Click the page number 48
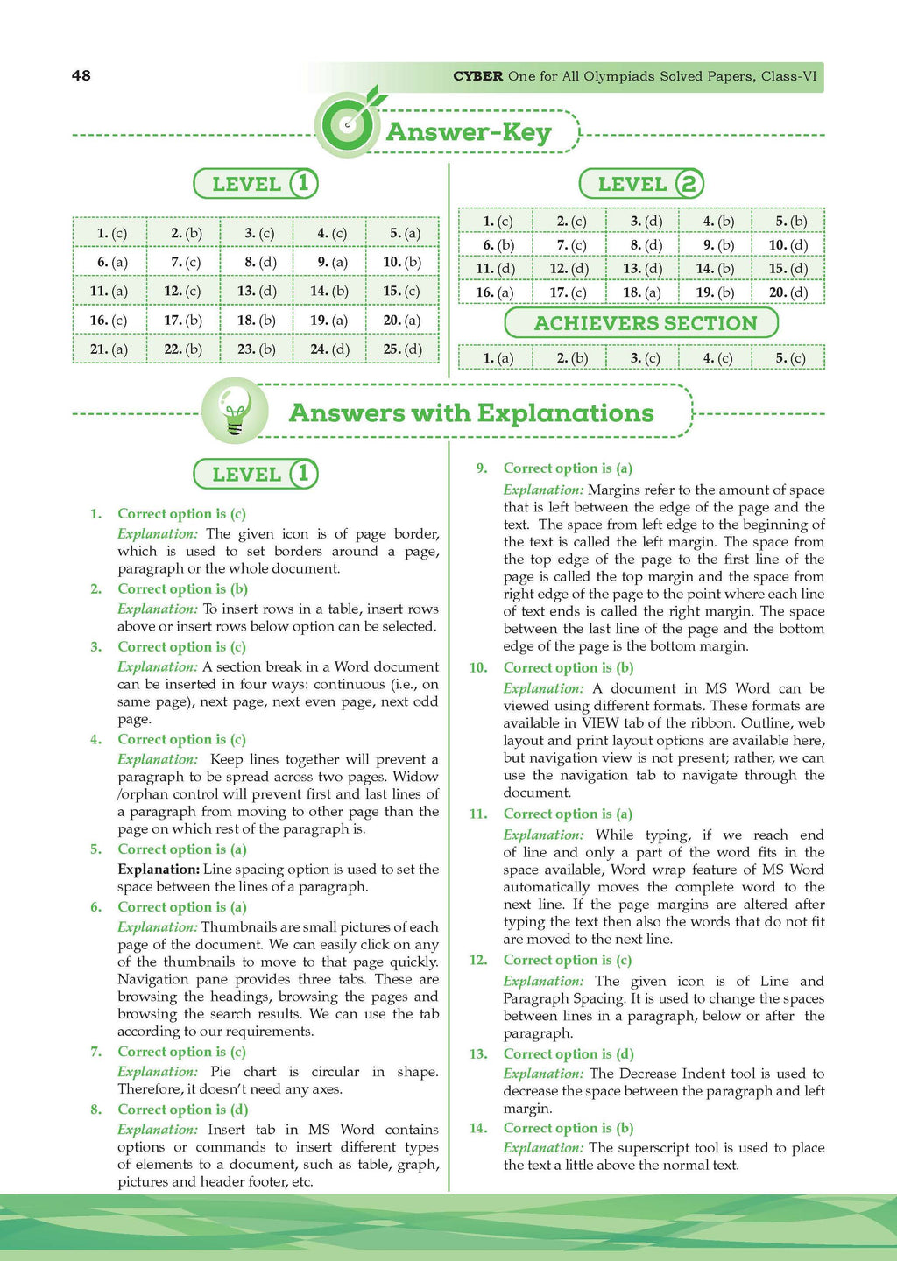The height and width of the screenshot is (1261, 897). [x=81, y=75]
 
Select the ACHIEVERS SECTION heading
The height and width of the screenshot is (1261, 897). [x=645, y=323]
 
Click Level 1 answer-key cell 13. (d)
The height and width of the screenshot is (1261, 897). [x=257, y=291]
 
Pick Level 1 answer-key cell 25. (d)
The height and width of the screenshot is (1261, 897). [x=402, y=349]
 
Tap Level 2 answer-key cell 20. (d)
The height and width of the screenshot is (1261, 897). [x=788, y=292]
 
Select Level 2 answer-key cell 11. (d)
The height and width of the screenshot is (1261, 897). [x=495, y=269]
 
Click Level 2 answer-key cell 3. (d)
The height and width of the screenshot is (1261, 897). [x=646, y=222]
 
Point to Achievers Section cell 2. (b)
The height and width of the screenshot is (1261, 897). [x=572, y=357]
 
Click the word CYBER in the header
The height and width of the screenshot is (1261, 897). [x=477, y=76]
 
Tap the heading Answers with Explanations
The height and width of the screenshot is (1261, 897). [x=471, y=412]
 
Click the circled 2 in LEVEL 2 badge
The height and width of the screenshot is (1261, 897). [x=689, y=184]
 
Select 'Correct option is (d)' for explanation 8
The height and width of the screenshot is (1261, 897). [x=182, y=1110]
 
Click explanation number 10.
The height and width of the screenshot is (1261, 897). [x=477, y=668]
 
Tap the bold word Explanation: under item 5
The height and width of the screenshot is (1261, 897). [x=159, y=870]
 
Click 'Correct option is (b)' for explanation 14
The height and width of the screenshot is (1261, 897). [x=568, y=1128]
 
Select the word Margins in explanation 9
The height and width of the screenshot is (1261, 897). [x=615, y=490]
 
